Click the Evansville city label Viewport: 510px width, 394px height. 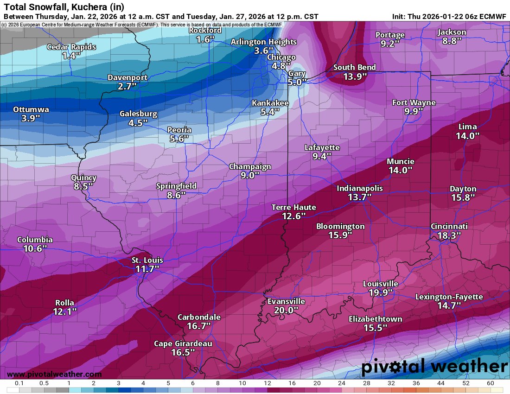(x=286, y=301)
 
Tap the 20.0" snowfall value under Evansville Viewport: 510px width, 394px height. (x=286, y=311)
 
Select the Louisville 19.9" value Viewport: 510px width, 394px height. (x=380, y=293)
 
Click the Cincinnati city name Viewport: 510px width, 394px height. (x=449, y=226)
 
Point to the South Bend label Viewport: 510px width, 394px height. (x=355, y=68)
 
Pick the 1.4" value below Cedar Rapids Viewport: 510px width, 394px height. (x=71, y=56)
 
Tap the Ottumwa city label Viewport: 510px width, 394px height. (x=31, y=109)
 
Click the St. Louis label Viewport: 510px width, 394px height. (x=147, y=261)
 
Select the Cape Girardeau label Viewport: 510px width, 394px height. (x=183, y=343)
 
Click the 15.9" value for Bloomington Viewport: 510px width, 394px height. (x=340, y=235)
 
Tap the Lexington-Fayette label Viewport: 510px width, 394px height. (x=449, y=297)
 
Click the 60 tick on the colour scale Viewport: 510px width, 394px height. (x=491, y=383)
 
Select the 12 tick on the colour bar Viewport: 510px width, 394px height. (x=268, y=383)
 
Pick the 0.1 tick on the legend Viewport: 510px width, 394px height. (x=19, y=383)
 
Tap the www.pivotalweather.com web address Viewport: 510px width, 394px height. (x=54, y=374)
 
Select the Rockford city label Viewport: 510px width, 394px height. (x=205, y=31)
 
